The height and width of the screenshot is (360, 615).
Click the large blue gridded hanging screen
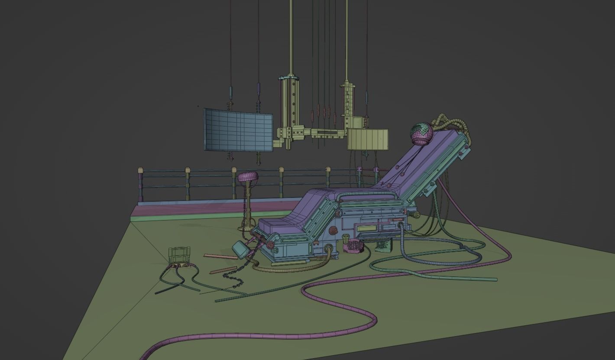238,130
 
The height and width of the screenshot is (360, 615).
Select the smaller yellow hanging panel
367,139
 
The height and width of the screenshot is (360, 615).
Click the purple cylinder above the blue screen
259,89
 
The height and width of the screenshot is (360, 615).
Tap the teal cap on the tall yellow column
289,78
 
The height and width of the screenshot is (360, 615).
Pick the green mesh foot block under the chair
383,246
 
